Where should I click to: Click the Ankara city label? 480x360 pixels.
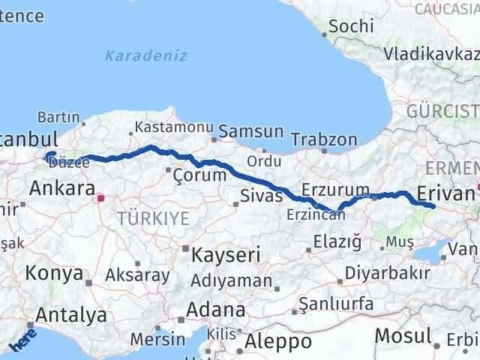coord(61,188)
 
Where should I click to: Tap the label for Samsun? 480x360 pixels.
coord(250,131)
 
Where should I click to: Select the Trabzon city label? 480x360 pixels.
coord(324,139)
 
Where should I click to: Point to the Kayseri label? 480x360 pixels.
coord(226,255)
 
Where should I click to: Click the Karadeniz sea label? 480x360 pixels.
coord(146,55)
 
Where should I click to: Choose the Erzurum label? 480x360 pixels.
coord(335,189)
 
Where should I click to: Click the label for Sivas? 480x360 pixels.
coord(261,196)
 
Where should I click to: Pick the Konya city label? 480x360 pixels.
coord(54,274)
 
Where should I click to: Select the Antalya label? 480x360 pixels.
coord(70,315)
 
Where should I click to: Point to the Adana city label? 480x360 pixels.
coord(217,310)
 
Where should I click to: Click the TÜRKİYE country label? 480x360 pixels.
coord(153,218)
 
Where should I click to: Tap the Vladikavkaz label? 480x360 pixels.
coord(430,53)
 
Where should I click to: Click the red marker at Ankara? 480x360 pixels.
coord(100,199)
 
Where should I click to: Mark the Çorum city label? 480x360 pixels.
coord(199,175)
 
